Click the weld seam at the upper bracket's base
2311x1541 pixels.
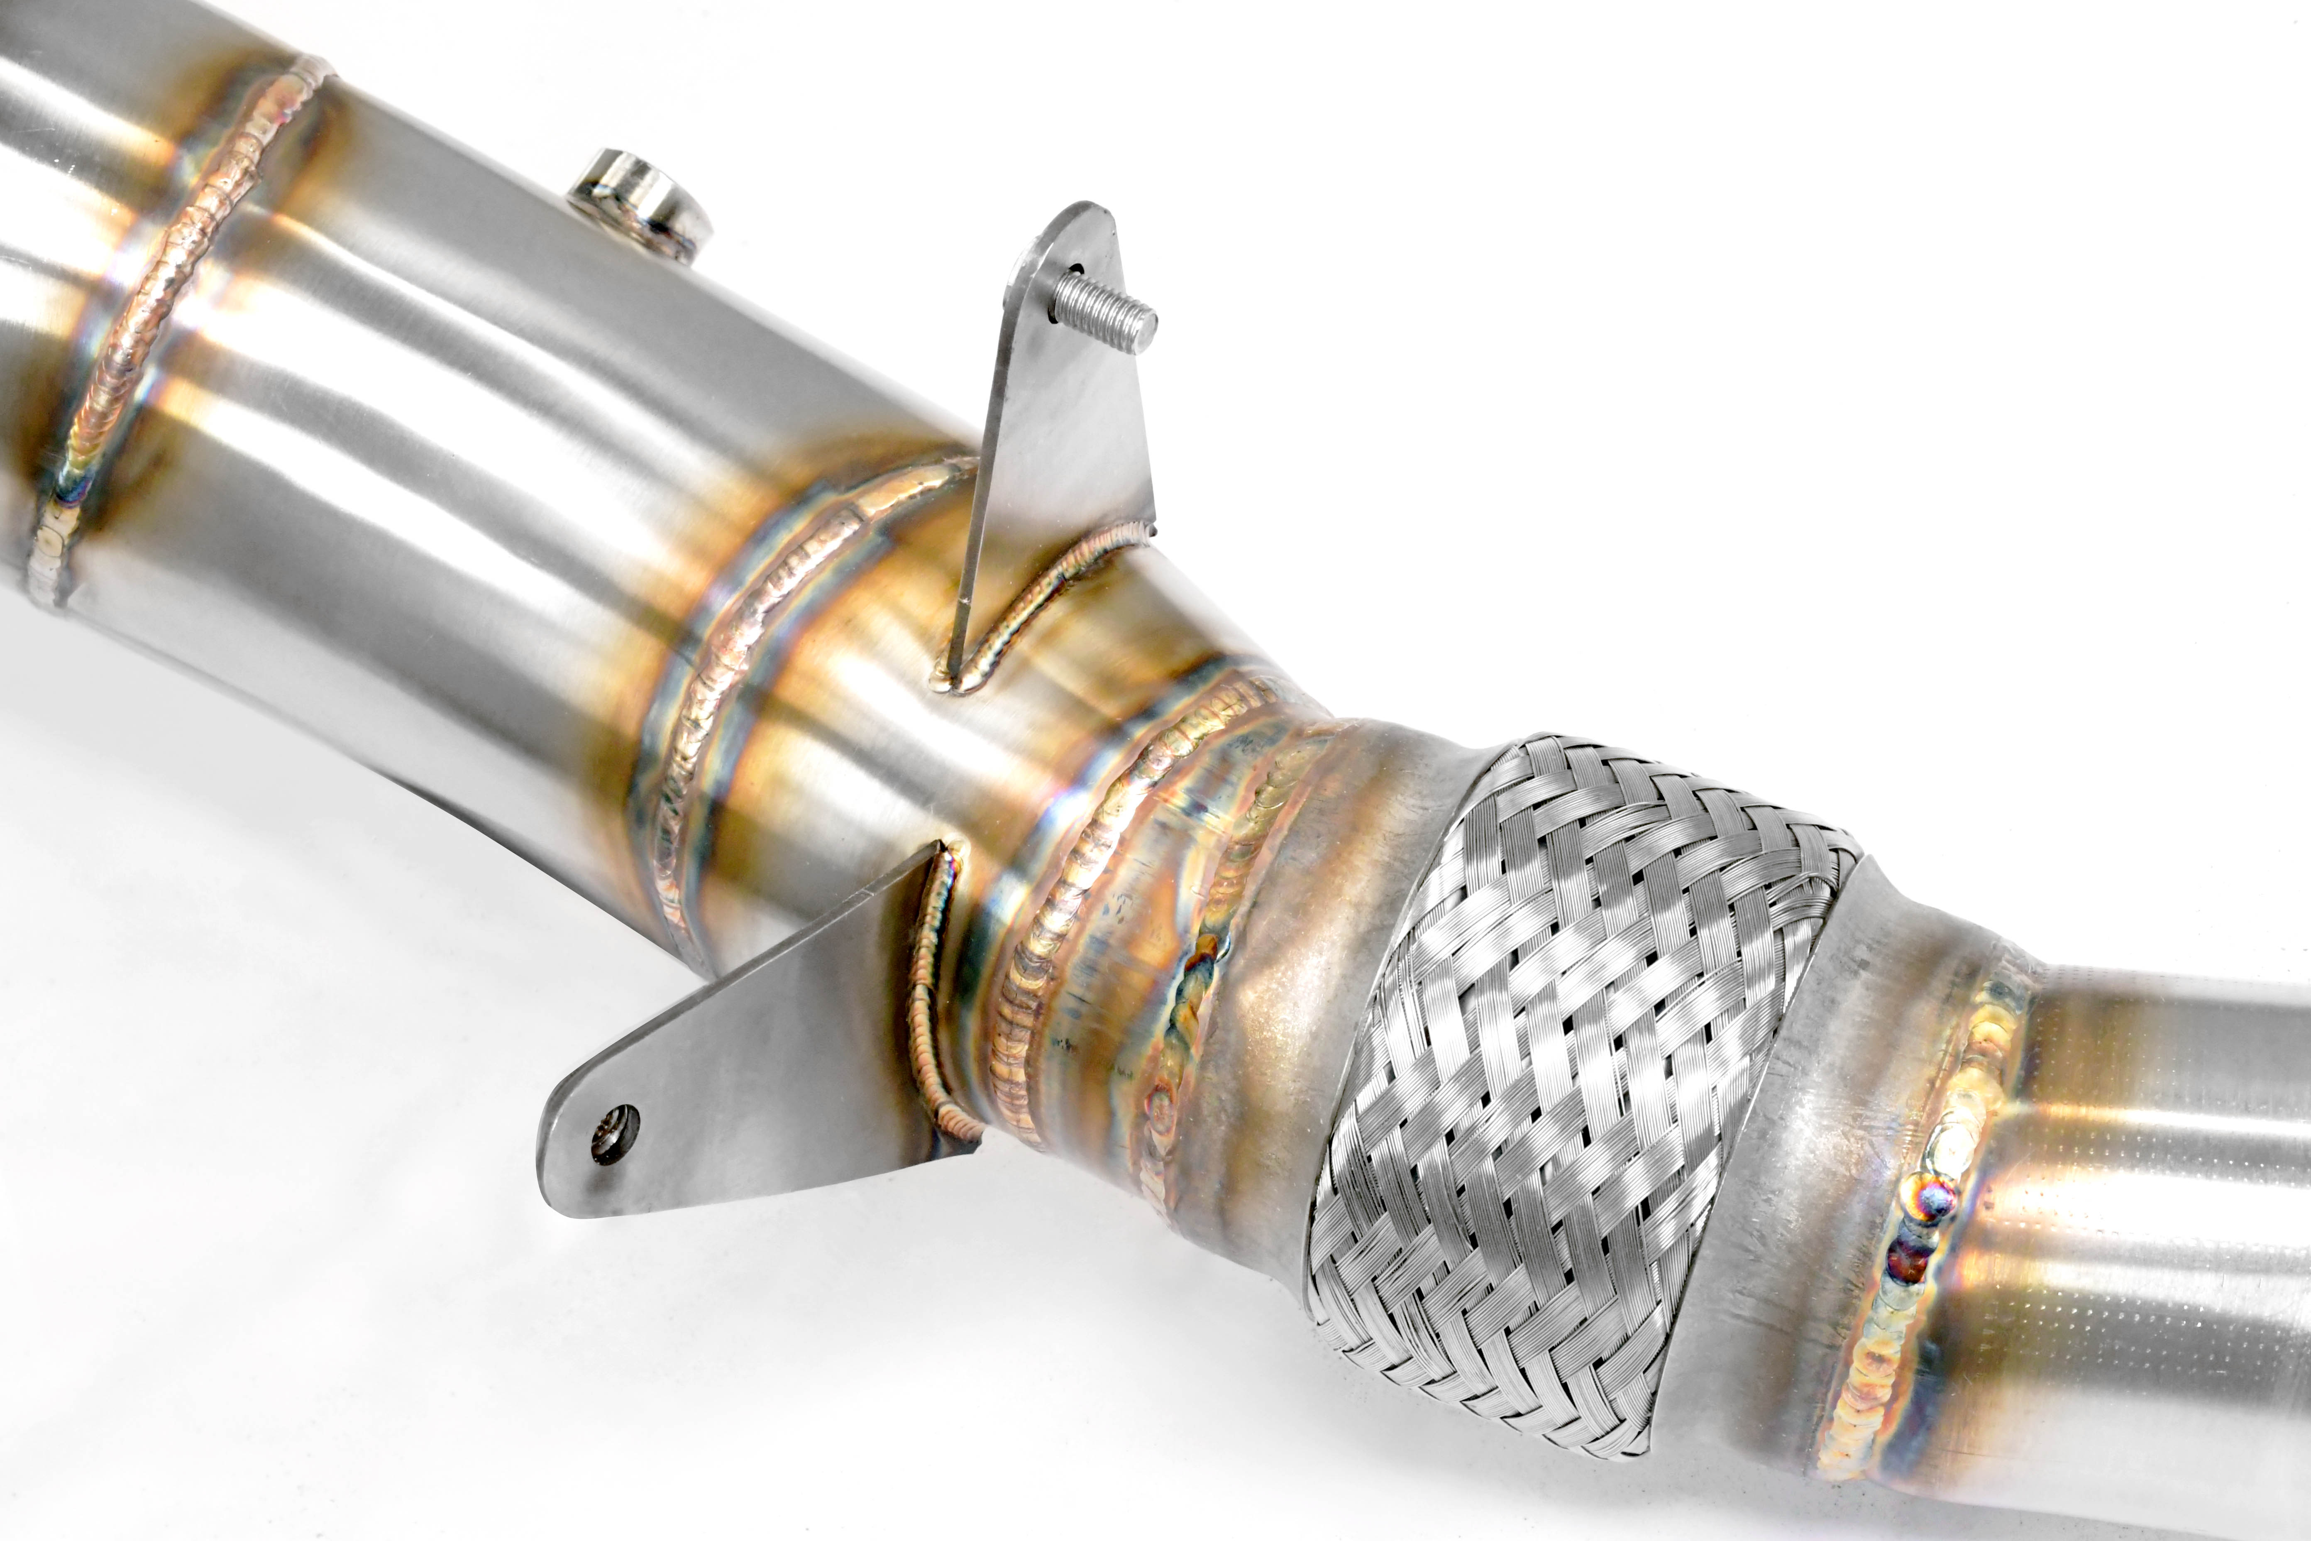[1041, 599]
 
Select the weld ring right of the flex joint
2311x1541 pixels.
[1926, 1209]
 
